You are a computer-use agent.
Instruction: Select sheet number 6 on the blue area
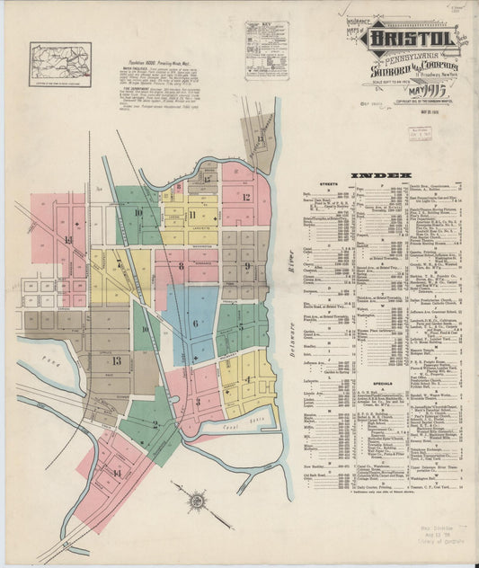coord(195,324)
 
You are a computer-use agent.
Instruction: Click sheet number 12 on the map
coord(245,196)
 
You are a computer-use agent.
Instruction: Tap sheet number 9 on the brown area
coord(247,266)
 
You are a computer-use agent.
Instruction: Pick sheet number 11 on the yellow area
coord(192,214)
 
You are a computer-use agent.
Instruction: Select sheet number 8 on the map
coord(181,266)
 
